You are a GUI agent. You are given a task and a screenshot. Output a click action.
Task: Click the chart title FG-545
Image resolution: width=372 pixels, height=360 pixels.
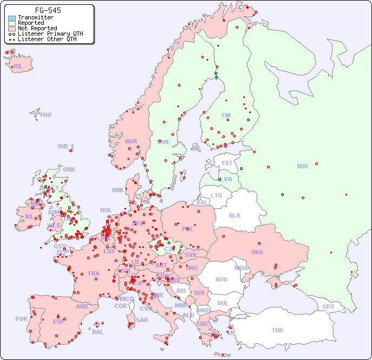click(48, 10)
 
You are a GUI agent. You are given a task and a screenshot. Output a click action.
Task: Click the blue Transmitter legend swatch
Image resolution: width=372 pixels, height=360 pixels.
click(12, 18)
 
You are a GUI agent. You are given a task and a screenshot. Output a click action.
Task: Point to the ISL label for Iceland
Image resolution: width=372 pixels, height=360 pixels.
click(18, 67)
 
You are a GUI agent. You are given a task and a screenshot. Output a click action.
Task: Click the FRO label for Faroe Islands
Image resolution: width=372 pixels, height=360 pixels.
click(46, 115)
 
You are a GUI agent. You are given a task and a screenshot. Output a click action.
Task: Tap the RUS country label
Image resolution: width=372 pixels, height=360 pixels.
click(302, 166)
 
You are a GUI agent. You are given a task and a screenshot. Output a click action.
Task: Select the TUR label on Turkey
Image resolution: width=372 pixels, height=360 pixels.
click(277, 330)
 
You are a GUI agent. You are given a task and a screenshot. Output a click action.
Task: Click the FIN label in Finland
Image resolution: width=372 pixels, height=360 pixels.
click(226, 115)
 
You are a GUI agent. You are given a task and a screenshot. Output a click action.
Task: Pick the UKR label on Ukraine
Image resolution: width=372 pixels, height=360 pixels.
click(257, 252)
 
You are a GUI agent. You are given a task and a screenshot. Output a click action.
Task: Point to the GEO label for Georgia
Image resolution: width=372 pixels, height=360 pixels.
click(328, 306)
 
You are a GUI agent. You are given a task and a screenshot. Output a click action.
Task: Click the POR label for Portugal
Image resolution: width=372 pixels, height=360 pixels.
click(21, 319)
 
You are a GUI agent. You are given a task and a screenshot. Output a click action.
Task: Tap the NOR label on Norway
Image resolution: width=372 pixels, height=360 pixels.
click(131, 141)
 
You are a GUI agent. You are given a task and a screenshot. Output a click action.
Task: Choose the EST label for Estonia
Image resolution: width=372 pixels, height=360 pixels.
click(227, 163)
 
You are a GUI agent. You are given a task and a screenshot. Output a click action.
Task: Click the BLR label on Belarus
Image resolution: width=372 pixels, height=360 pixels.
click(234, 215)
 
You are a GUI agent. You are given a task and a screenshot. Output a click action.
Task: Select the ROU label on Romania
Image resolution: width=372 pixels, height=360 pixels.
click(221, 279)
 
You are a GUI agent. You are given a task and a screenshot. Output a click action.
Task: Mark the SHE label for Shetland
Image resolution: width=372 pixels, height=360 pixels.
click(63, 146)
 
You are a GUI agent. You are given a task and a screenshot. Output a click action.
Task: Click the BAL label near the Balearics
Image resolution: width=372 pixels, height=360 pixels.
click(98, 332)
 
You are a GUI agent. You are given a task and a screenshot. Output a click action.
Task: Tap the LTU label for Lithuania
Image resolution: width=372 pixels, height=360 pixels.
click(216, 195)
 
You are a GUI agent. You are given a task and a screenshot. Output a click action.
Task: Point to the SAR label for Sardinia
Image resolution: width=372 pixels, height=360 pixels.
click(142, 320)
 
